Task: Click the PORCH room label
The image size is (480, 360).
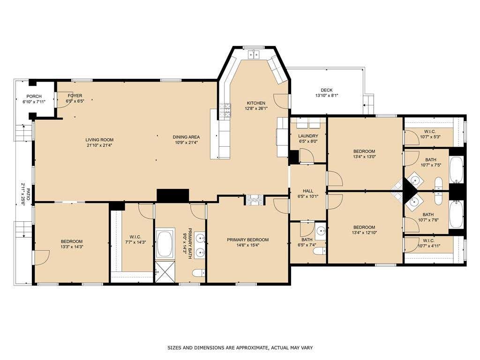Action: point(34,96)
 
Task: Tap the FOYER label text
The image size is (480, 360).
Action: point(75,96)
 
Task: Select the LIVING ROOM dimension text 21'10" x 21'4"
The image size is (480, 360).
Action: point(99,145)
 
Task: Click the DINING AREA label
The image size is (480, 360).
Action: point(186,137)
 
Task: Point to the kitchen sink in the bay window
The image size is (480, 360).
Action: point(254,54)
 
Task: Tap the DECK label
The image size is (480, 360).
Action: point(327,90)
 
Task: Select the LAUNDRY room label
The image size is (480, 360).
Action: point(308,136)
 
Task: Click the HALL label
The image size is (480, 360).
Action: point(308,191)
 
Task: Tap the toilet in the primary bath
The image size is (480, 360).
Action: point(198,272)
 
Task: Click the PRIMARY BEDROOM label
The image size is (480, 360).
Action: point(247,240)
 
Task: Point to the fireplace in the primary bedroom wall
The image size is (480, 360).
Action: point(254,200)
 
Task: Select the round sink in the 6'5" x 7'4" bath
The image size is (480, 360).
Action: point(321,230)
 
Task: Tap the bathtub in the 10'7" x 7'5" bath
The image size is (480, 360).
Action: point(457,169)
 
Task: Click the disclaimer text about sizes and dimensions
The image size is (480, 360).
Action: point(240,347)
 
